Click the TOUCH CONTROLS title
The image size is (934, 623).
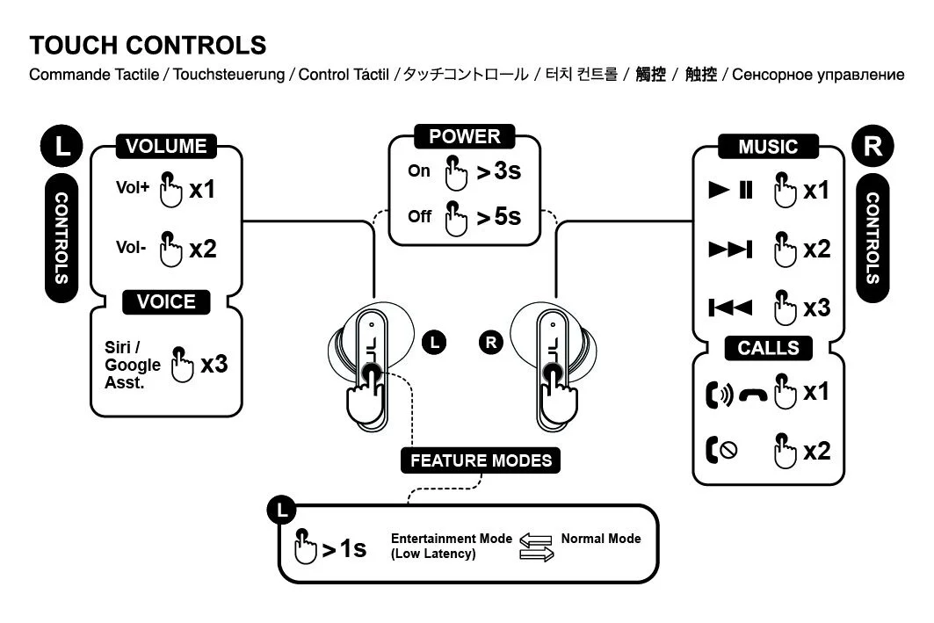point(148,45)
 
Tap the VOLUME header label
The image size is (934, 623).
point(166,147)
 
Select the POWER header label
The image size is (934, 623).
point(465,136)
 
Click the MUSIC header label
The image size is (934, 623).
point(768,147)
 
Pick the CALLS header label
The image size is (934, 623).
point(768,348)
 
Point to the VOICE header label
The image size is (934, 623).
point(166,302)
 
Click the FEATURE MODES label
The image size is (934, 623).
point(481,460)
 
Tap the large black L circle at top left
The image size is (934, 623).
point(62,145)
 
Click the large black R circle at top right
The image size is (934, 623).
point(872,145)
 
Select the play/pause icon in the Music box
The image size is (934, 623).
point(731,190)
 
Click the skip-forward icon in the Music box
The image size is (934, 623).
point(730,250)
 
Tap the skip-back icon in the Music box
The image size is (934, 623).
point(730,308)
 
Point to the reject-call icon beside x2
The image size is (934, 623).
point(721,451)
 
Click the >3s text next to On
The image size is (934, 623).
point(498,172)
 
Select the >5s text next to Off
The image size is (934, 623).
point(498,216)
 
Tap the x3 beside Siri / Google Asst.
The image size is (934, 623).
point(214,363)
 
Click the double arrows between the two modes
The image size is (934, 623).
point(536,547)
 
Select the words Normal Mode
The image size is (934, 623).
point(601,539)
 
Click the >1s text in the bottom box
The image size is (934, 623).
point(344,549)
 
